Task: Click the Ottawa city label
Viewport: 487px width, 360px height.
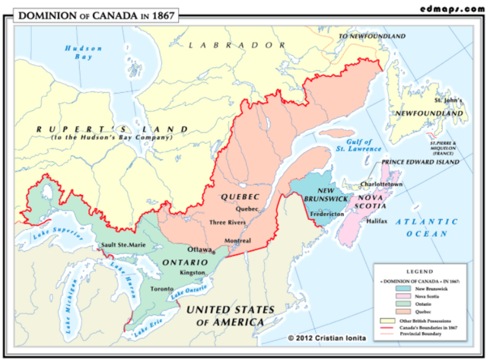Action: [x=199, y=250]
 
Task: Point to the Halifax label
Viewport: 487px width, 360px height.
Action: [x=376, y=221]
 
